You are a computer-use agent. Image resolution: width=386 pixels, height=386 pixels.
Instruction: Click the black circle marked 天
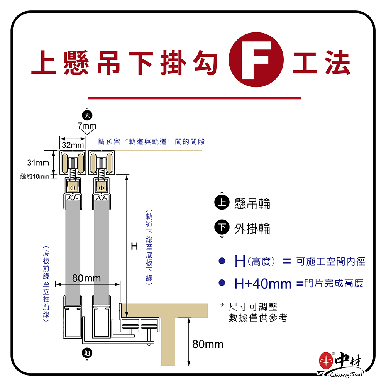click(87, 115)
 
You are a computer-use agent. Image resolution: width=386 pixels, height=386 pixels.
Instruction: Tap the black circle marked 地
click(87, 353)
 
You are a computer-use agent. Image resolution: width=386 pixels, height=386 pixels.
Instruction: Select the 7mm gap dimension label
click(87, 126)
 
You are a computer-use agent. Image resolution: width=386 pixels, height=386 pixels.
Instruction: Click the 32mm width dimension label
click(73, 145)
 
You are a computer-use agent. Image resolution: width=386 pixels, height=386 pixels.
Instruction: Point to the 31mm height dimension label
click(38, 163)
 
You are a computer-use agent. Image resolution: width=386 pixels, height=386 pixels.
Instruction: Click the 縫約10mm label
click(35, 177)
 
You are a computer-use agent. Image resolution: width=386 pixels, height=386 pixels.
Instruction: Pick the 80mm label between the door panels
click(86, 278)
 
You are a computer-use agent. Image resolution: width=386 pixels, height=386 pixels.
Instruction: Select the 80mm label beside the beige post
click(208, 344)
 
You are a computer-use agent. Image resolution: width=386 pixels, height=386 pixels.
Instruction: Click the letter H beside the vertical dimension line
click(134, 246)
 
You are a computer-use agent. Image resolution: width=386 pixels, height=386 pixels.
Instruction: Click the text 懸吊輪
click(252, 204)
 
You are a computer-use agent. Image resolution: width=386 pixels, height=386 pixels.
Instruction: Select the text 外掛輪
click(252, 229)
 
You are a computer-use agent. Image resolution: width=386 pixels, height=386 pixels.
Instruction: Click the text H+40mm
click(263, 284)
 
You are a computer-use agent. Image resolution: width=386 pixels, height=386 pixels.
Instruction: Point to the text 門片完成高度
click(334, 284)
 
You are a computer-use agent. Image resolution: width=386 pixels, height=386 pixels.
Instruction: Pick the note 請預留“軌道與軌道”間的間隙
click(151, 142)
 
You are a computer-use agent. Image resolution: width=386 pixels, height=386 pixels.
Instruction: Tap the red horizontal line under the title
click(194, 98)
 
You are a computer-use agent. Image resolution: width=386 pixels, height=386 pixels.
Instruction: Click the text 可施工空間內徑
click(330, 262)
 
